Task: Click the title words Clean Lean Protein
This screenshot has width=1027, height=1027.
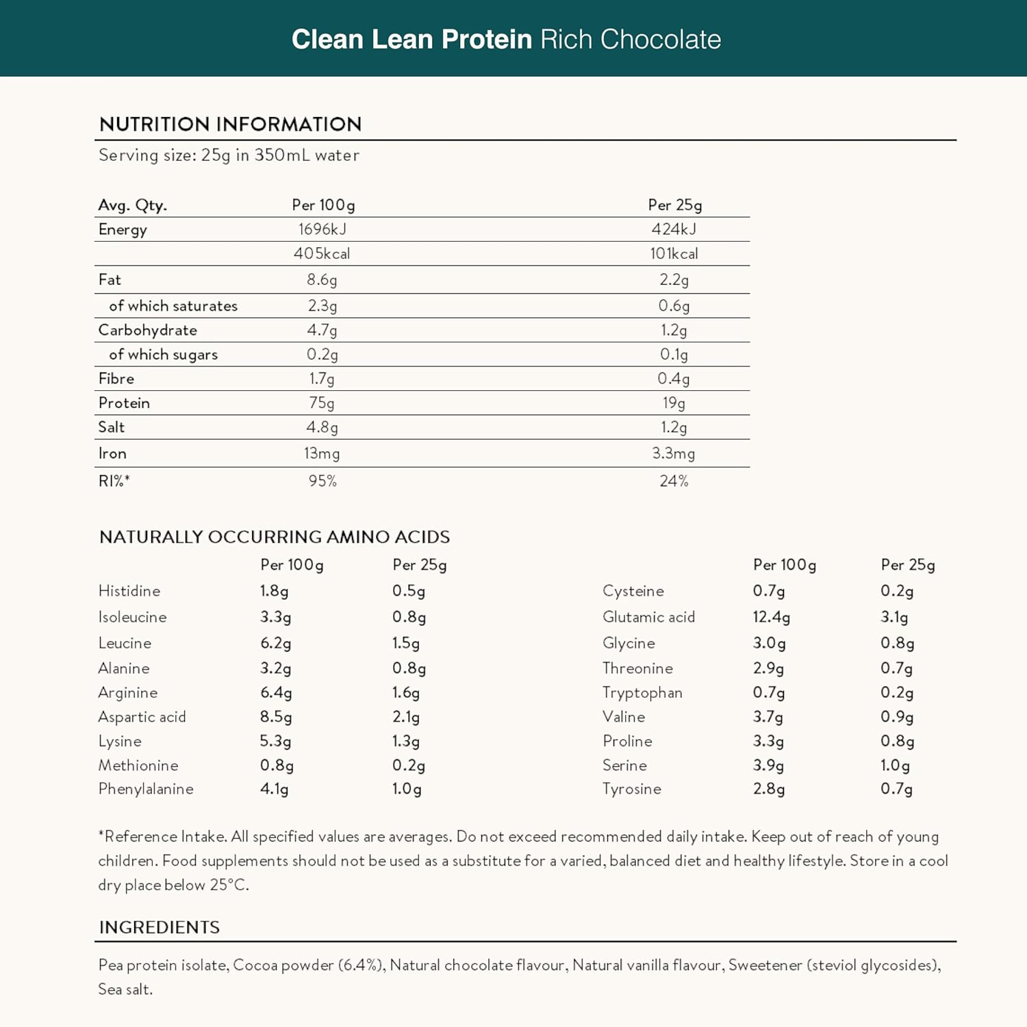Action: pyautogui.click(x=411, y=40)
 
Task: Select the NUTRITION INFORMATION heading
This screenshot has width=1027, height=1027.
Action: pyautogui.click(x=230, y=124)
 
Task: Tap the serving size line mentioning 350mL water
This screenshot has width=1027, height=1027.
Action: pyautogui.click(x=229, y=155)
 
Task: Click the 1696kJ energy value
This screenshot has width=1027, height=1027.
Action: pyautogui.click(x=322, y=229)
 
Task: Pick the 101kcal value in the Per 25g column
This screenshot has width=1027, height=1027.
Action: pyautogui.click(x=674, y=254)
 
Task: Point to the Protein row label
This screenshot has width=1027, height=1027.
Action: pyautogui.click(x=124, y=403)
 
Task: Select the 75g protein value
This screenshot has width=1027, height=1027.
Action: pyautogui.click(x=321, y=403)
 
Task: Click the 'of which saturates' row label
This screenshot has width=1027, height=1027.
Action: pyautogui.click(x=173, y=306)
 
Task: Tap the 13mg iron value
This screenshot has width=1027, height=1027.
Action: pyautogui.click(x=322, y=453)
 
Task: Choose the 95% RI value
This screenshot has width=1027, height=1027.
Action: pyautogui.click(x=322, y=481)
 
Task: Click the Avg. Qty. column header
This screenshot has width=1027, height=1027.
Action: pyautogui.click(x=132, y=205)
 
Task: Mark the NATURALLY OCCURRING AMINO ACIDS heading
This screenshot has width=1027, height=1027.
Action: pyautogui.click(x=275, y=537)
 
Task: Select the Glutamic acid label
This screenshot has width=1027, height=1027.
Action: pyautogui.click(x=648, y=617)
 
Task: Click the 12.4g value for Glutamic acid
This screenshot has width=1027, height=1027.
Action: pyautogui.click(x=771, y=617)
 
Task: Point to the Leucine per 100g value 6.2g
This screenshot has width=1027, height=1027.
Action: pyautogui.click(x=275, y=643)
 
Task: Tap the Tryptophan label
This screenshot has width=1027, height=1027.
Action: pyautogui.click(x=642, y=693)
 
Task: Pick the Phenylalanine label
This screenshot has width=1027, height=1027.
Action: pyautogui.click(x=146, y=789)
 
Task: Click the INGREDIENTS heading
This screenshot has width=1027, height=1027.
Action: pyautogui.click(x=160, y=927)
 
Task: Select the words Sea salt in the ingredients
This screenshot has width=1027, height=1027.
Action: pyautogui.click(x=125, y=989)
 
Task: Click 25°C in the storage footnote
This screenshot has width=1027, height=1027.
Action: pyautogui.click(x=229, y=885)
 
